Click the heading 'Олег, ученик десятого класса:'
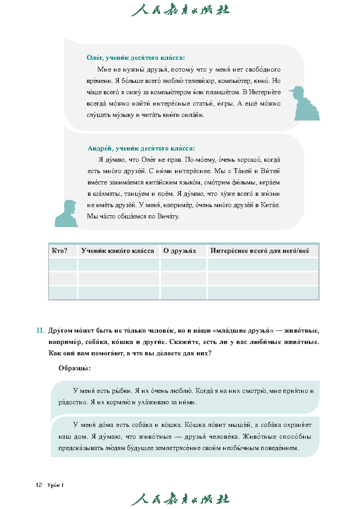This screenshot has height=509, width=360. [x=136, y=58]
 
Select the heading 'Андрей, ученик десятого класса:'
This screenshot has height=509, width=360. [x=141, y=148]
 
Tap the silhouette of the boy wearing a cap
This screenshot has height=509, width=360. [x=306, y=103]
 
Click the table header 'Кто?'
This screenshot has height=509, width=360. [x=60, y=251]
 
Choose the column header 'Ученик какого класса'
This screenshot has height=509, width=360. [x=117, y=251]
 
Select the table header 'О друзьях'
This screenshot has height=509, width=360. [x=180, y=251]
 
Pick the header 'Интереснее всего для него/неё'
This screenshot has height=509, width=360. [x=259, y=251]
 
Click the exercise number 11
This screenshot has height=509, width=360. [x=40, y=330]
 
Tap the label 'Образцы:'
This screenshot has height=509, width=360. [x=74, y=368]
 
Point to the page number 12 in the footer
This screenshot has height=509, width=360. [x=39, y=485]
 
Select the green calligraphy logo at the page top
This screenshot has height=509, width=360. [x=180, y=10]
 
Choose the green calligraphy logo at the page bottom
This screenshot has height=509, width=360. [x=180, y=499]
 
